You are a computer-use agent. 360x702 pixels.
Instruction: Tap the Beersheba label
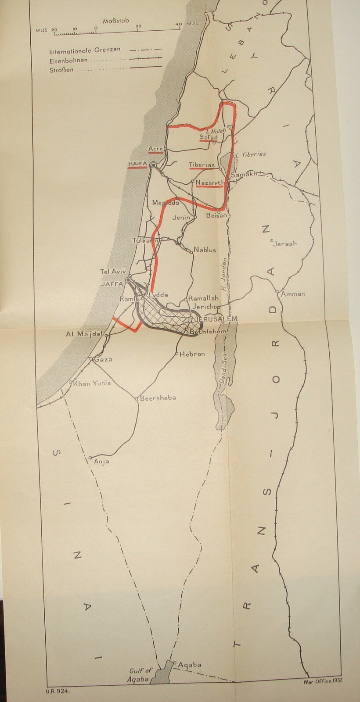158,398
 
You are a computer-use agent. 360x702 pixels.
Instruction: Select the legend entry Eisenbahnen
68,61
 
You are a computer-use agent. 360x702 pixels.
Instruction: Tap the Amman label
293,294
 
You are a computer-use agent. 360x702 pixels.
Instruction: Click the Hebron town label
192,354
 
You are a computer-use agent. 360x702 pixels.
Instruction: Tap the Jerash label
285,243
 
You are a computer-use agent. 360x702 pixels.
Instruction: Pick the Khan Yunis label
92,383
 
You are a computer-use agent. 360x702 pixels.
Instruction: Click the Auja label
101,462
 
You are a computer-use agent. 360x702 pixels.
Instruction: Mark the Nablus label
205,250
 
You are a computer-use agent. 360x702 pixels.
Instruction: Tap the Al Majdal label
83,334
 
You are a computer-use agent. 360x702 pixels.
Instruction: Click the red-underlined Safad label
208,137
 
